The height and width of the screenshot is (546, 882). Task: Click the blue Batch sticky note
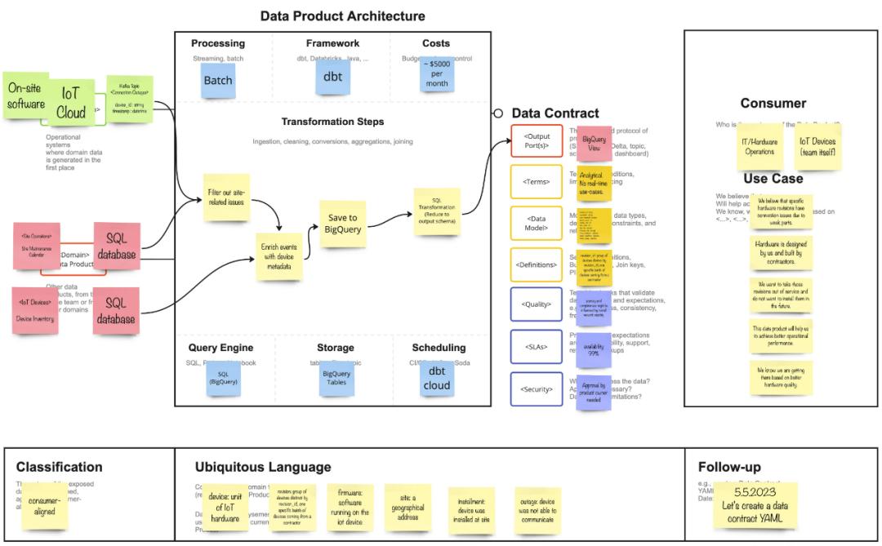pyautogui.click(x=218, y=81)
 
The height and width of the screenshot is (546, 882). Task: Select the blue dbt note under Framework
pyautogui.click(x=332, y=78)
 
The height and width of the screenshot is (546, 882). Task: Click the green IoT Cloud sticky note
pyautogui.click(x=71, y=104)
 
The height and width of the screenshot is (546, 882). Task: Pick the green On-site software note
pyautogui.click(x=26, y=95)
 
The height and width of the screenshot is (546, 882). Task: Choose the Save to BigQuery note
pyautogui.click(x=343, y=224)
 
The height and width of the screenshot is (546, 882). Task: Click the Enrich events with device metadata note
pyautogui.click(x=279, y=256)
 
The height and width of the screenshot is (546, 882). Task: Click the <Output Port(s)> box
pyautogui.click(x=537, y=141)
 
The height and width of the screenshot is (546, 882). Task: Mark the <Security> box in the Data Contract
pyautogui.click(x=537, y=389)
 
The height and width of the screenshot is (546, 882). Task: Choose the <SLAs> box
pyautogui.click(x=537, y=347)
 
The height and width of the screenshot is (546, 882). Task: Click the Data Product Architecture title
pyautogui.click(x=342, y=16)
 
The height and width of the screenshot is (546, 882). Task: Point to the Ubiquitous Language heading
pyautogui.click(x=263, y=468)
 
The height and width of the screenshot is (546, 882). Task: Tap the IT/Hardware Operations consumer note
pyautogui.click(x=759, y=147)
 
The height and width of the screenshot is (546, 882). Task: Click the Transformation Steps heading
pyautogui.click(x=332, y=122)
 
